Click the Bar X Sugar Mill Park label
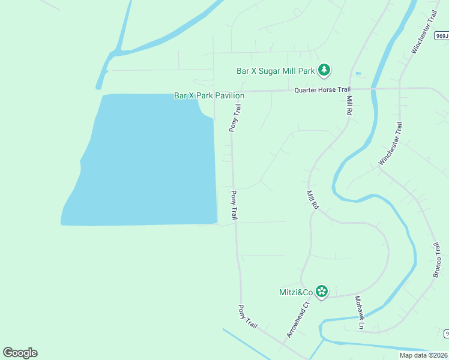[276, 71]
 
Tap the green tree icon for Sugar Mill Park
[324, 70]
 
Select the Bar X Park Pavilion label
[209, 95]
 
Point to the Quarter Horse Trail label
[322, 90]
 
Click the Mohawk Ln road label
[360, 313]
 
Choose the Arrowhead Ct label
[297, 319]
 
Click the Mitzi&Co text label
[296, 292]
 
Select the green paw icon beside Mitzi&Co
[322, 292]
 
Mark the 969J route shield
[442, 36]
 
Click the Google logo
[20, 353]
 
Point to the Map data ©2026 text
[423, 355]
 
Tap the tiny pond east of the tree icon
[358, 74]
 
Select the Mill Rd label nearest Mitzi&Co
[313, 200]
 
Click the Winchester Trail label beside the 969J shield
[423, 32]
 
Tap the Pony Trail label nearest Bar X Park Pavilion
[235, 118]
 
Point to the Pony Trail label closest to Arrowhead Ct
[247, 316]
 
